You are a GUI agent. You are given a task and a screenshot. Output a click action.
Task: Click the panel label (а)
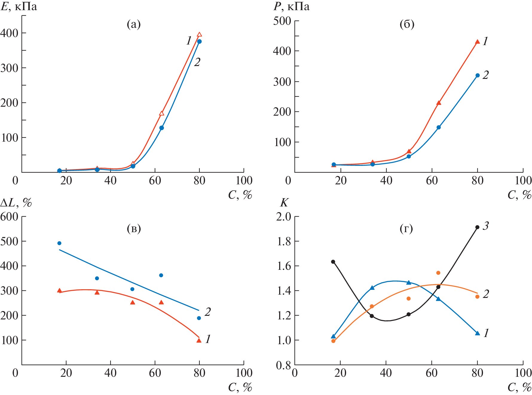(x=134, y=24)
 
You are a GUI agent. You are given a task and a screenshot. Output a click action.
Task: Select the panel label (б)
(x=407, y=24)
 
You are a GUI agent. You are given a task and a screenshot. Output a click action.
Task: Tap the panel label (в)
(x=134, y=229)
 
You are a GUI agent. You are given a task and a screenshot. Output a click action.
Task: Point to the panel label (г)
(x=406, y=229)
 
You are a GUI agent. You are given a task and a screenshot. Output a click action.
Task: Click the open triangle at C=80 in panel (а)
(x=199, y=34)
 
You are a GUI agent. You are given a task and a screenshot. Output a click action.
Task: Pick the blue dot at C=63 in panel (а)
(x=161, y=128)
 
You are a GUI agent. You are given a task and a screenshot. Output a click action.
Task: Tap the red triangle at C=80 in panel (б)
(x=477, y=42)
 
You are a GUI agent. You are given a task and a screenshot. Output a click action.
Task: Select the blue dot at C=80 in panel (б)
(x=477, y=75)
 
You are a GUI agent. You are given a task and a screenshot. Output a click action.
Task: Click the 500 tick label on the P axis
(x=282, y=21)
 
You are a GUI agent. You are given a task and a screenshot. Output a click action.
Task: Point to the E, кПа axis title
(x=19, y=7)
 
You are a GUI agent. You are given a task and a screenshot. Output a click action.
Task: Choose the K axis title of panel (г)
(x=284, y=203)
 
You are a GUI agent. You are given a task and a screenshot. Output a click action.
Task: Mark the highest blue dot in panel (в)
(x=59, y=243)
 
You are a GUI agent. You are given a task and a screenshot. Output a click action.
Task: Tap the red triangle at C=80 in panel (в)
(x=199, y=340)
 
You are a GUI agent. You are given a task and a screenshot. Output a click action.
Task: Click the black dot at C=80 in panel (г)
(x=477, y=227)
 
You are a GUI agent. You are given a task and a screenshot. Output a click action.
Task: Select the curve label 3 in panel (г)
(x=486, y=226)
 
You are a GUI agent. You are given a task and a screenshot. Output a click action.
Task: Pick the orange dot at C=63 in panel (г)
(x=438, y=273)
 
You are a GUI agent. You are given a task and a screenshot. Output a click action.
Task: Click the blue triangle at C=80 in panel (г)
(x=477, y=333)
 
